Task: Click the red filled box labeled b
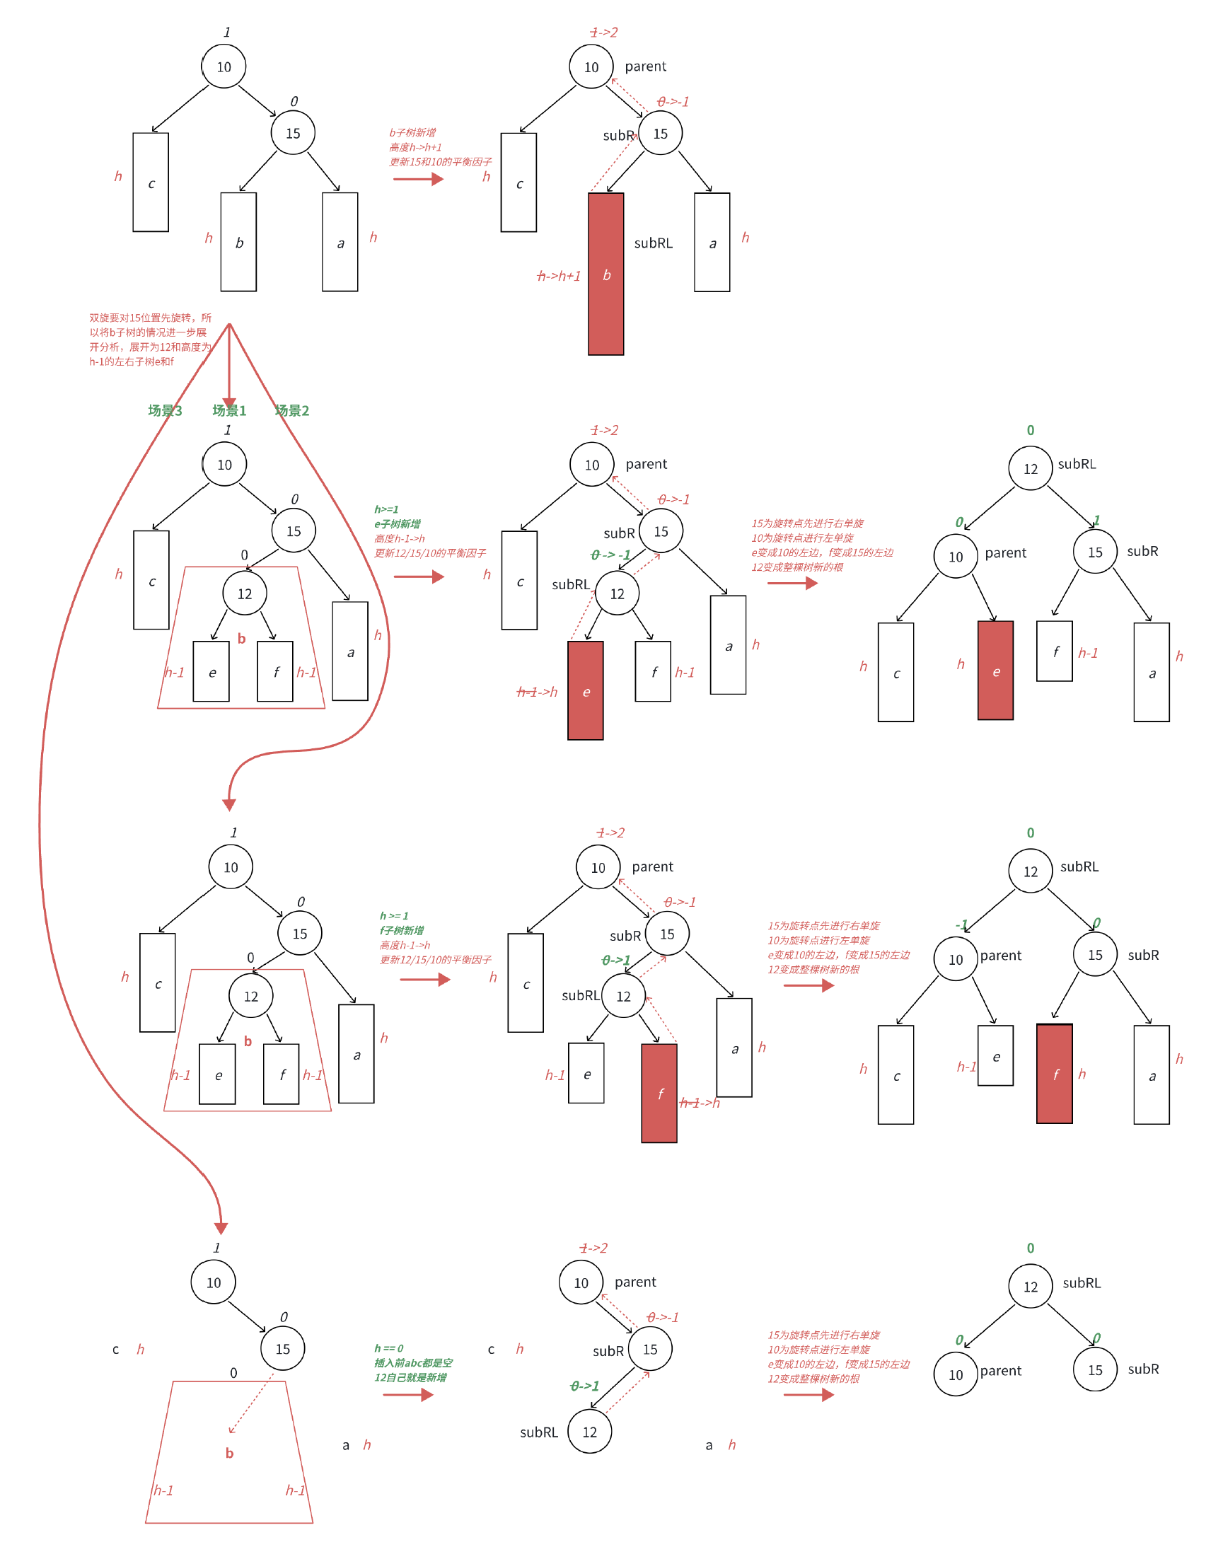(605, 274)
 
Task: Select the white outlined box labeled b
(238, 242)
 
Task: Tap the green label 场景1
(229, 410)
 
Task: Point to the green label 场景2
(292, 410)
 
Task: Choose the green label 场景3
(165, 410)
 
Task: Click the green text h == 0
(389, 1348)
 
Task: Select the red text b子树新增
(412, 132)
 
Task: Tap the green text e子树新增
(398, 523)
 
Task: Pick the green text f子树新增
(402, 930)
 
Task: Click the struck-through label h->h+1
(560, 276)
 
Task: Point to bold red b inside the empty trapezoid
(229, 1453)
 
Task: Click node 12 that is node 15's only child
(589, 1432)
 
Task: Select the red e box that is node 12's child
(585, 690)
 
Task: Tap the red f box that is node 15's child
(1054, 1074)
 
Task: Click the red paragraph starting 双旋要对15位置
(151, 340)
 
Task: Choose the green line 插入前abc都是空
(413, 1363)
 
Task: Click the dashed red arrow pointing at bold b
(250, 1403)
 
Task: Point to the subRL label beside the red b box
(653, 243)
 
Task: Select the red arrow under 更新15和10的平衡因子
(418, 179)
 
